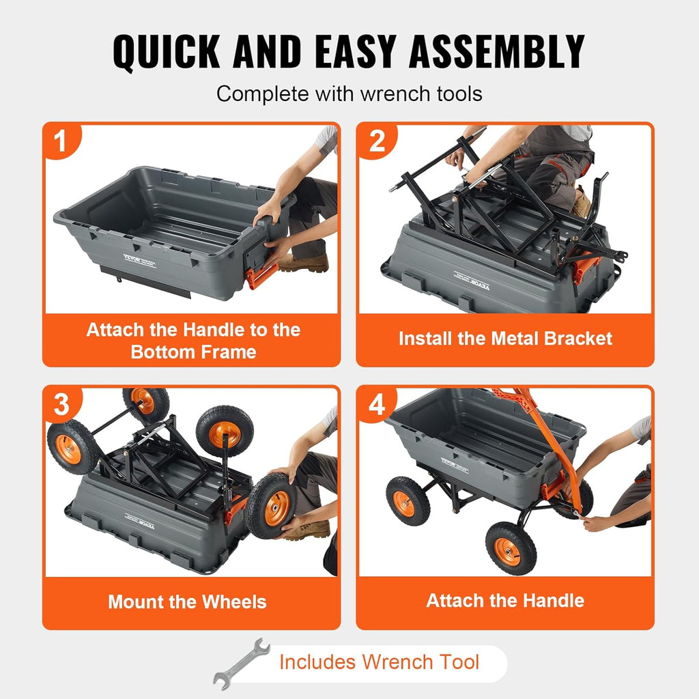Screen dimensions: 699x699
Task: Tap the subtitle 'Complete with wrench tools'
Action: pyautogui.click(x=349, y=94)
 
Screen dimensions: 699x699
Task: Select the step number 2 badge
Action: pyautogui.click(x=376, y=142)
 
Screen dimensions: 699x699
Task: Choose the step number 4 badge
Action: pyautogui.click(x=376, y=405)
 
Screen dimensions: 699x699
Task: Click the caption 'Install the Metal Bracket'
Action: pyautogui.click(x=505, y=339)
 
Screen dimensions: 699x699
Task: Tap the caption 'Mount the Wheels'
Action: pyautogui.click(x=187, y=602)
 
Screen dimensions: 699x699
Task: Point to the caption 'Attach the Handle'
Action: pyautogui.click(x=505, y=601)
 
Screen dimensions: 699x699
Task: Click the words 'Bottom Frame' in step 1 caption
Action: pyautogui.click(x=193, y=352)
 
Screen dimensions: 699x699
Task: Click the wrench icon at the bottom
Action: pyautogui.click(x=240, y=664)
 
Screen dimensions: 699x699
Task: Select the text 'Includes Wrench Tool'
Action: pyautogui.click(x=379, y=661)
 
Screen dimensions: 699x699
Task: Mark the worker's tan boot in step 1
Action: pyautogui.click(x=304, y=263)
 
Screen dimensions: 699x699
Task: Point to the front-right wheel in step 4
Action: pyautogui.click(x=511, y=548)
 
